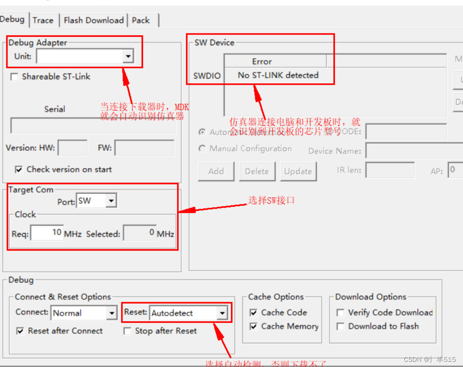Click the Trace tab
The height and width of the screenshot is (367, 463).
coord(43,20)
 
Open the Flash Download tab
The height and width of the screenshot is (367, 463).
coord(94,20)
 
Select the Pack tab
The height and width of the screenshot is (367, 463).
coord(141,20)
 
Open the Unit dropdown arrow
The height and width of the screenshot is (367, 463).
coord(128,56)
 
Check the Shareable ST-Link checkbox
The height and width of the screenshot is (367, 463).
coord(14,77)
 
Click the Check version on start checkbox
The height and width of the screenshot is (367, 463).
coord(19,170)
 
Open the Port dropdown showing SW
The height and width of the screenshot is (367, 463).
coord(111,201)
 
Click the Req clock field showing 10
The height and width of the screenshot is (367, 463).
coord(47,233)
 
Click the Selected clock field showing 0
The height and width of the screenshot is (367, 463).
coord(139,233)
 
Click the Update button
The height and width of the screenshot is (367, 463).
coord(298,171)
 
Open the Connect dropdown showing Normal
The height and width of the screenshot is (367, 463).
coord(111,313)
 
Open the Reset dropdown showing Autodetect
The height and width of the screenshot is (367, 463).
coord(222,313)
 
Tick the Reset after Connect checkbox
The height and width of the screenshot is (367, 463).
coord(20,331)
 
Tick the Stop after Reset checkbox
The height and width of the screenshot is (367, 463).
coord(127,331)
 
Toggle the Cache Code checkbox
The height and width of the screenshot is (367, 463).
coord(253,313)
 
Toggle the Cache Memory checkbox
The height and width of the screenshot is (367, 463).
coord(253,326)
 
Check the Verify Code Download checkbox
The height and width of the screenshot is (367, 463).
coord(340,313)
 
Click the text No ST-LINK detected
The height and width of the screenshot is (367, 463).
coord(278,75)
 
